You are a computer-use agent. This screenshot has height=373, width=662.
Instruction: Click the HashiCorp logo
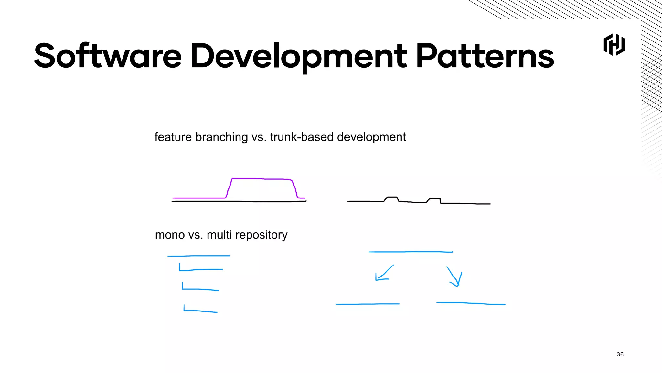pos(614,45)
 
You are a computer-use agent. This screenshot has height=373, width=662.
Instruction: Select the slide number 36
pos(620,354)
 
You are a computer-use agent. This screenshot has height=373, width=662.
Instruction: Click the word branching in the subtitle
pos(221,137)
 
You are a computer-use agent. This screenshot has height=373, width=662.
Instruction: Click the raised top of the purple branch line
pos(262,178)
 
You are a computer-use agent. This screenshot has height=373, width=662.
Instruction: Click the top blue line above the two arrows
pos(411,252)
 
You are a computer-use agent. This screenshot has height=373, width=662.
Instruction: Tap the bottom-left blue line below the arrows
pos(368,304)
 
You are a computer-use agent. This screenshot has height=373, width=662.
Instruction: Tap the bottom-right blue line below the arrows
pos(471,303)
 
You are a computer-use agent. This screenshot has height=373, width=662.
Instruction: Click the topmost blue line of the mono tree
pos(199,256)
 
